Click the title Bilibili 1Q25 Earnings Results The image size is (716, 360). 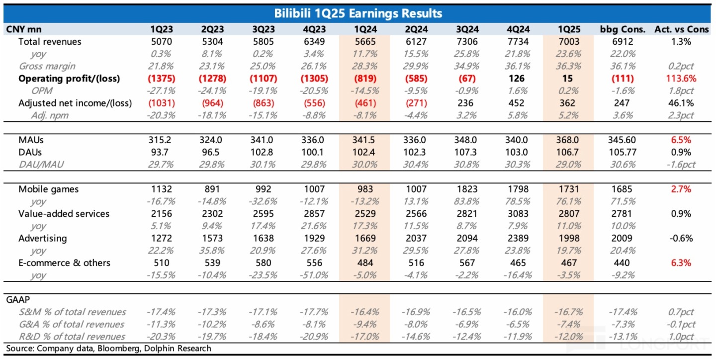pos(358,13)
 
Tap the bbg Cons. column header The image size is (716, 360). pos(623,29)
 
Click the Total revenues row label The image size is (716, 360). pos(49,42)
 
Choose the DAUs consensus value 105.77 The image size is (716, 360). pos(623,153)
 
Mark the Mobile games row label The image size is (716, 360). pos(48,189)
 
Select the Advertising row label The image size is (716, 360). pos(42,238)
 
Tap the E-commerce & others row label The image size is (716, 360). pos(64,263)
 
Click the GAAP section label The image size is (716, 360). pos(18,300)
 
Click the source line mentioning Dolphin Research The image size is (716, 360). pos(108,348)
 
